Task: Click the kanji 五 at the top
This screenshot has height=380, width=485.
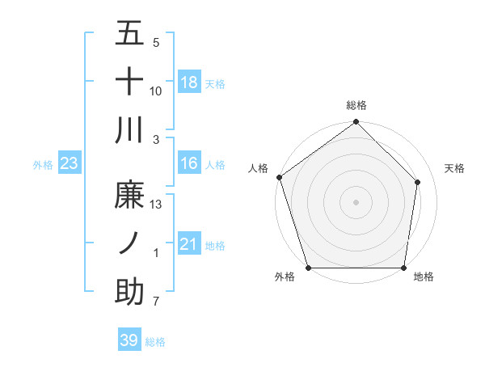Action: coord(130,36)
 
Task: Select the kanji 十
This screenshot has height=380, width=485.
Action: coord(130,82)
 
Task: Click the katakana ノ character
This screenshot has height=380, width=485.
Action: coord(130,243)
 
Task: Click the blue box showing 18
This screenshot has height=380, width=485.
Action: coord(189,82)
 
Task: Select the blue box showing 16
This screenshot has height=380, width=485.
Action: coord(189,164)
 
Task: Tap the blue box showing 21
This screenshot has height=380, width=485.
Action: coord(189,244)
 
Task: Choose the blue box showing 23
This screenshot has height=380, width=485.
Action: coord(70,164)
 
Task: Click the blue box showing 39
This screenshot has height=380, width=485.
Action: coord(129,341)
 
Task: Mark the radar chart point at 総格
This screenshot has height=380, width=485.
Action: coord(356,123)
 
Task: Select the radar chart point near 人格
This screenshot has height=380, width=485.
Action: coord(280,177)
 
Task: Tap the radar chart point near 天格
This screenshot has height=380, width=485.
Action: coord(418,182)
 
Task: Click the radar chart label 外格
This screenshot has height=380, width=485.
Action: coord(284,277)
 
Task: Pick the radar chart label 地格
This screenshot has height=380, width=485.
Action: coord(424,277)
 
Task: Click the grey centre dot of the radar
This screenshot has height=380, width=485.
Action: coord(356,201)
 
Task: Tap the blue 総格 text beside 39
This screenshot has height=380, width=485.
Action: coord(155,342)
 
